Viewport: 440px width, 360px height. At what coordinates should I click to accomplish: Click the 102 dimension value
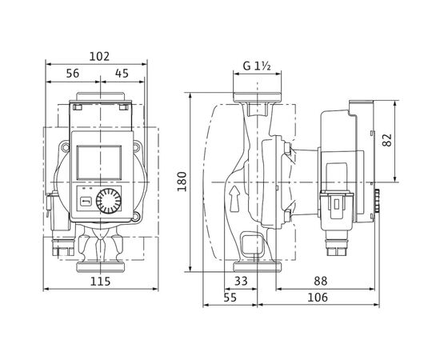99,57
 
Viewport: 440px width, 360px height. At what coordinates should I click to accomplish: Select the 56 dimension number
73,74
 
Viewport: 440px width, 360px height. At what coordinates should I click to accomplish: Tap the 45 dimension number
122,74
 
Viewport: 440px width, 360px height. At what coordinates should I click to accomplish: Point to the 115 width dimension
101,281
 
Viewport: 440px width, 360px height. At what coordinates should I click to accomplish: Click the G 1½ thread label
257,66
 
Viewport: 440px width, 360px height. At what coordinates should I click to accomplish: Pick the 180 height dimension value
182,182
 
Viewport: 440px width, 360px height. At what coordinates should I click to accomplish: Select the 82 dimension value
387,140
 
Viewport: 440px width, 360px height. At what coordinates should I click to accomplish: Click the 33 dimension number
241,281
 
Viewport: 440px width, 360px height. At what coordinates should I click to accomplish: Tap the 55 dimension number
230,298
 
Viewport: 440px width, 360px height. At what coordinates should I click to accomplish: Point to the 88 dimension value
321,281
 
